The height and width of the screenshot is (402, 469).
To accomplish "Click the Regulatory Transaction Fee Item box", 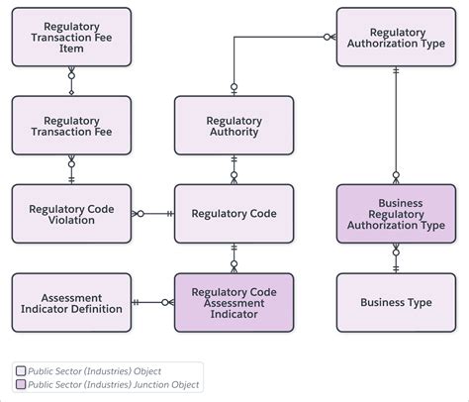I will point(70,38).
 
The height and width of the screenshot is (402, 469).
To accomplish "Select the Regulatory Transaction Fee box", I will point(70,125).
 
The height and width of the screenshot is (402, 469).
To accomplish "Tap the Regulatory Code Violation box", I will point(70,213).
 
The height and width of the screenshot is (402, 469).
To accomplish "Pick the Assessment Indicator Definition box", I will point(70,302).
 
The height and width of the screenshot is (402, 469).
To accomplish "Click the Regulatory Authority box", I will point(234,125).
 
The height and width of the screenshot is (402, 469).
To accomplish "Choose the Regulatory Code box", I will point(234,213).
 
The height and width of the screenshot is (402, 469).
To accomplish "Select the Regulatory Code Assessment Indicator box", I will point(234,302).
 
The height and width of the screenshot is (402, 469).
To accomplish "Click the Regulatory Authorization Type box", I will point(396,38).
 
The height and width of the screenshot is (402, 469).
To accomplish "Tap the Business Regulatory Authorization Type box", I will point(396,213).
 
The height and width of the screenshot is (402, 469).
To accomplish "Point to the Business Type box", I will point(396,302).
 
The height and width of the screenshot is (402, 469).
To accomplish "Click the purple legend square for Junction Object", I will point(22,384).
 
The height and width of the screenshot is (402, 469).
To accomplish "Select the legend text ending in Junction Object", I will point(115,384).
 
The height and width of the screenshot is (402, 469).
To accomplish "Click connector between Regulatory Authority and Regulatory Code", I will point(234,169).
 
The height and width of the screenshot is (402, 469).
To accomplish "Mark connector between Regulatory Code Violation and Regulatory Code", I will point(152,213).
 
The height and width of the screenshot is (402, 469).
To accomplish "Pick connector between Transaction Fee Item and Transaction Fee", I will point(70,81).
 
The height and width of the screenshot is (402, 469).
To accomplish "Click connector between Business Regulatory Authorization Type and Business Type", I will point(396,257).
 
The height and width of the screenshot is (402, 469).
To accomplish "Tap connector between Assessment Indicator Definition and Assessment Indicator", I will point(152,302).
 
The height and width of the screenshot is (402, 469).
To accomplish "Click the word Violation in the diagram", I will point(70,220).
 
